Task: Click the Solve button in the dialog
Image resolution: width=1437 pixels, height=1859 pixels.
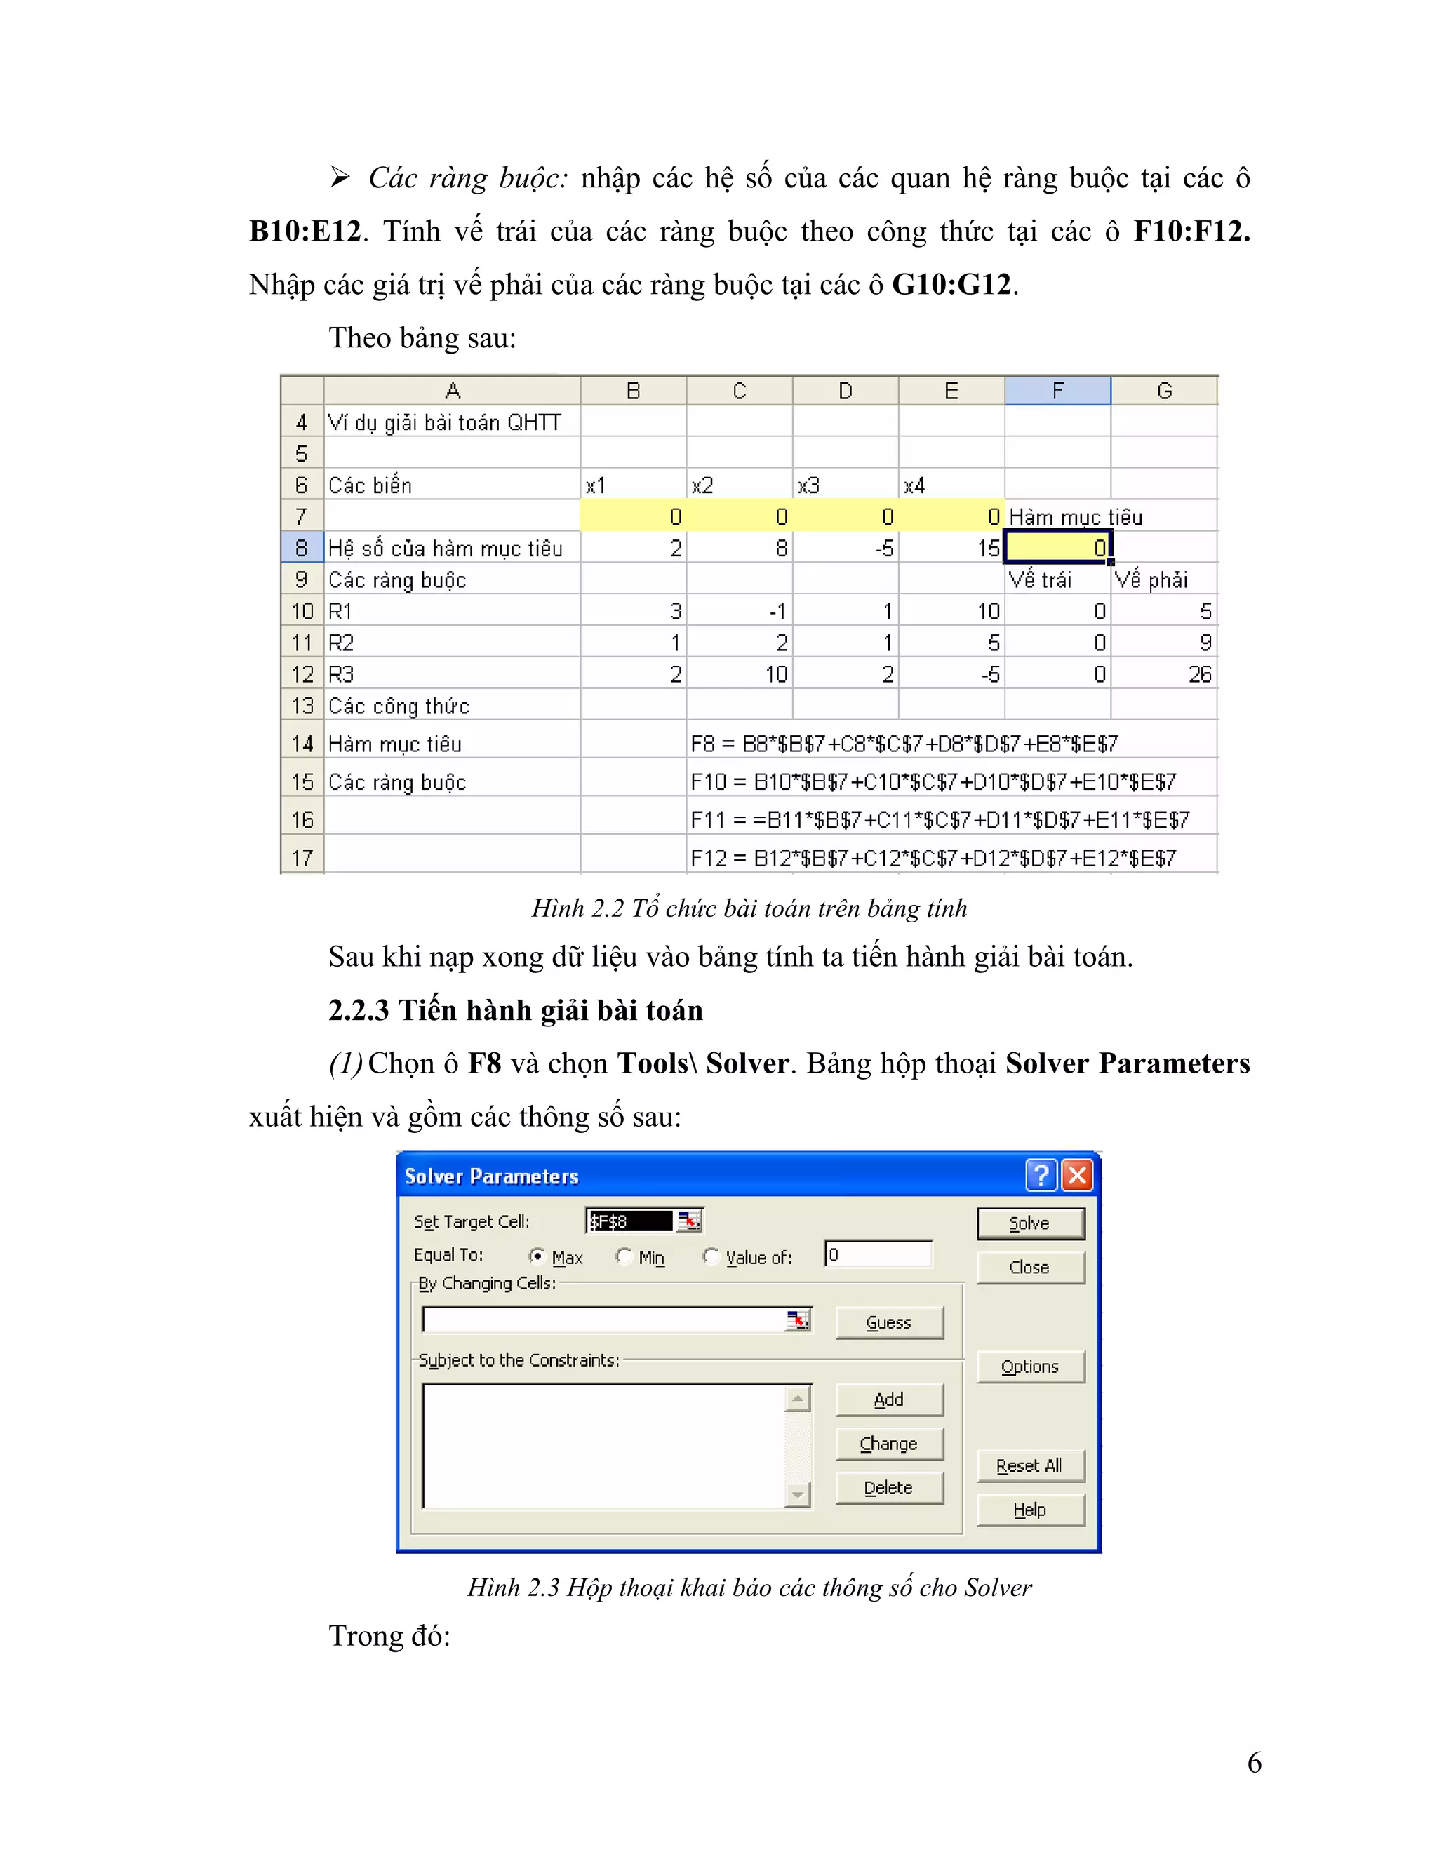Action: click(x=1030, y=1223)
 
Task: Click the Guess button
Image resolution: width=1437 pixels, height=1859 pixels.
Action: click(x=889, y=1322)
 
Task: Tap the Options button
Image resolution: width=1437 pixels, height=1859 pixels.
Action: click(x=1030, y=1366)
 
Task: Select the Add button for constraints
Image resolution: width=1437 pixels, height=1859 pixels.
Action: click(x=889, y=1400)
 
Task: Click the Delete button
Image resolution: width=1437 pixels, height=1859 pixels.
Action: click(x=889, y=1487)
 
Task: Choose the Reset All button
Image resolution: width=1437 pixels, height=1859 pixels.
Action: click(x=1030, y=1465)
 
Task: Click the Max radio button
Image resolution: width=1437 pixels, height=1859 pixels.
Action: click(x=537, y=1256)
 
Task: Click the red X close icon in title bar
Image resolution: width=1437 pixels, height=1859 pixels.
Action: click(x=1077, y=1176)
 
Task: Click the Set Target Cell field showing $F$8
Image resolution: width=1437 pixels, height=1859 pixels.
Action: click(x=630, y=1221)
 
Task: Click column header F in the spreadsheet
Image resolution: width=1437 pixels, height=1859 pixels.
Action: click(x=1057, y=391)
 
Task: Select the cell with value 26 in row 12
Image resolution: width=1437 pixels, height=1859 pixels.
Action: click(x=1164, y=674)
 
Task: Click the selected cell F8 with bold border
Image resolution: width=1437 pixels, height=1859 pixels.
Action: click(x=1057, y=547)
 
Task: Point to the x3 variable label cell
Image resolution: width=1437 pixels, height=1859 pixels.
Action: click(x=845, y=485)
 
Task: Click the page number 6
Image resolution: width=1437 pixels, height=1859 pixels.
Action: click(x=1254, y=1762)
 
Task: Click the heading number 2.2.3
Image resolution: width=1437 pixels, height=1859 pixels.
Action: click(x=359, y=1010)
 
